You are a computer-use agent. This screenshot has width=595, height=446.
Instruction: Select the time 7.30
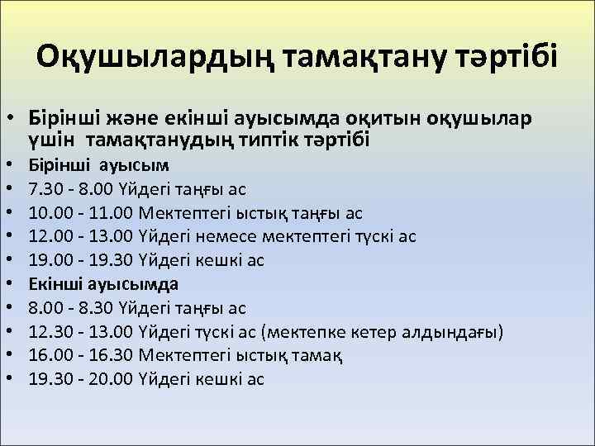coord(43,189)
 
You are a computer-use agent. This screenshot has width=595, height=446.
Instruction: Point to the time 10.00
coord(48,213)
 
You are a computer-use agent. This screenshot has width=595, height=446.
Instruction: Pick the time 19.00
coord(48,260)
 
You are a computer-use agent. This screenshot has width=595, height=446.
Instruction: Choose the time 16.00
coord(48,355)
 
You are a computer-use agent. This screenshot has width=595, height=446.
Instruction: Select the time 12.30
coord(48,332)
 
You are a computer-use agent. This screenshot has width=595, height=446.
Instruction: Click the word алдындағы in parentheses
coord(450,332)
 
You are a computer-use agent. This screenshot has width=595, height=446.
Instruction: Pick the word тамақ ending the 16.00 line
coord(321,355)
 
